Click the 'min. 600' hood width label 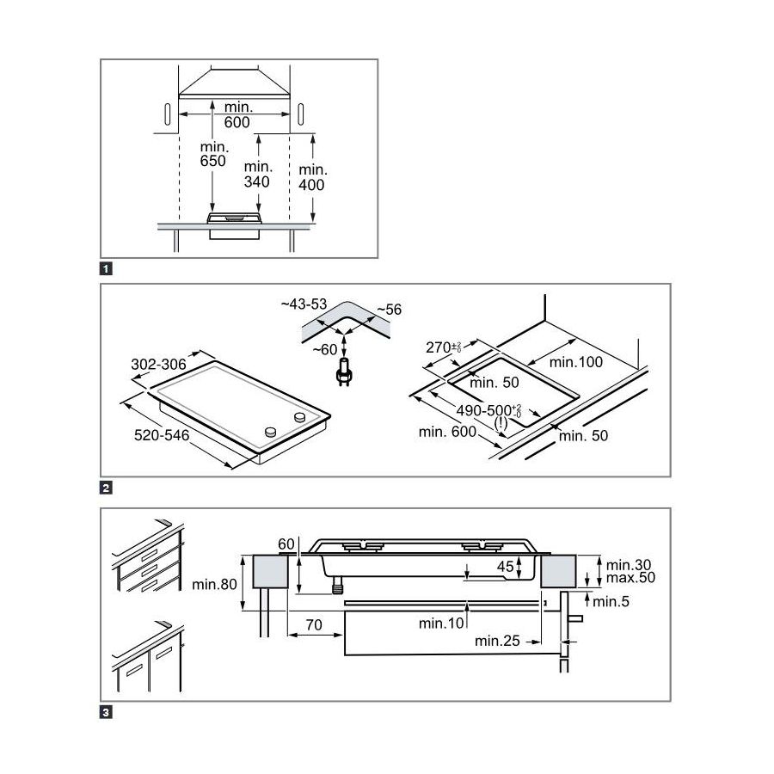tap(237, 114)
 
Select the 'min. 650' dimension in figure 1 tap(212, 153)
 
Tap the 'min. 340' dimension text tap(257, 174)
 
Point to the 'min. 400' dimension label tap(312, 176)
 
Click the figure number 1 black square tap(106, 268)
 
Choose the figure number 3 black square tap(106, 712)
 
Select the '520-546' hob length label tap(161, 437)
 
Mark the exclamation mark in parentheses tap(501, 422)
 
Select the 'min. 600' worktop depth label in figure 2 tap(447, 432)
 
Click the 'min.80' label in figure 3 tap(214, 586)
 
